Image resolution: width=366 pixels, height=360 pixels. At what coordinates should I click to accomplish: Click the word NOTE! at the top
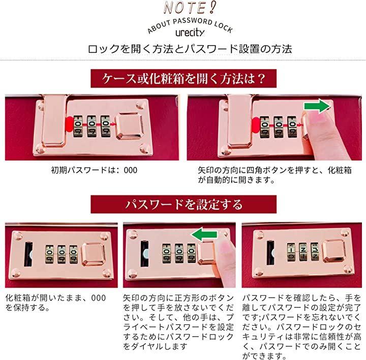(x=190, y=8)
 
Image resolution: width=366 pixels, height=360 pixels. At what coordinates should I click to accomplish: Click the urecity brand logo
(x=190, y=32)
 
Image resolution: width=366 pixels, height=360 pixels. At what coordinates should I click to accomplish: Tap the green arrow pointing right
(x=317, y=106)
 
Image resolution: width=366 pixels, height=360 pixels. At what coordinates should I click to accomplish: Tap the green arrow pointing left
(x=204, y=235)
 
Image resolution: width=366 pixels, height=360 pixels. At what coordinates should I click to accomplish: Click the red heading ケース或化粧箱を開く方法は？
(x=184, y=78)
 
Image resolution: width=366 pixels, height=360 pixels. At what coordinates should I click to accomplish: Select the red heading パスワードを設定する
(x=184, y=204)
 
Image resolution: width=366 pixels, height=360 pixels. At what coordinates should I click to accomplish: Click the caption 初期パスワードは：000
(x=94, y=170)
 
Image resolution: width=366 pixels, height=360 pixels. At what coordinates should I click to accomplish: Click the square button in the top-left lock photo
(x=130, y=126)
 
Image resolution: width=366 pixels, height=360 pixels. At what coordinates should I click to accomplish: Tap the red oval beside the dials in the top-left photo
(x=69, y=125)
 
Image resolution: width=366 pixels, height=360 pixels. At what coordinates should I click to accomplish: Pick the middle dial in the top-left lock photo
(x=92, y=126)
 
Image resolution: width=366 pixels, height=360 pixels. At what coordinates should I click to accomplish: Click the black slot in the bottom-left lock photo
(x=28, y=254)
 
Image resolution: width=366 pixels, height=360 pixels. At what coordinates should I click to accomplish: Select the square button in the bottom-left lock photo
(x=93, y=254)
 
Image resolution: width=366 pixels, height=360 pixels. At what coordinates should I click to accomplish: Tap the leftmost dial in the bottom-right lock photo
(x=291, y=252)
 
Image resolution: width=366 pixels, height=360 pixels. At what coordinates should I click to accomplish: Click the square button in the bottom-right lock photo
(x=334, y=251)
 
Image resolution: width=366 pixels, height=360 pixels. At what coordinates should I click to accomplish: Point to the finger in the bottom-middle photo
(x=225, y=259)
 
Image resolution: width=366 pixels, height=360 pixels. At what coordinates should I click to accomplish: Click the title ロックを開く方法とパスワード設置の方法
(x=190, y=49)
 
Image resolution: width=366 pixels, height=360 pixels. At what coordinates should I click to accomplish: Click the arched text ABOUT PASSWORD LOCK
(x=190, y=25)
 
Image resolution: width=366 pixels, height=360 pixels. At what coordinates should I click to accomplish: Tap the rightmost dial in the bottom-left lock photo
(x=74, y=254)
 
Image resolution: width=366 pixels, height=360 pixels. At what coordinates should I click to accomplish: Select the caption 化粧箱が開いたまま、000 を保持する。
(x=55, y=303)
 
